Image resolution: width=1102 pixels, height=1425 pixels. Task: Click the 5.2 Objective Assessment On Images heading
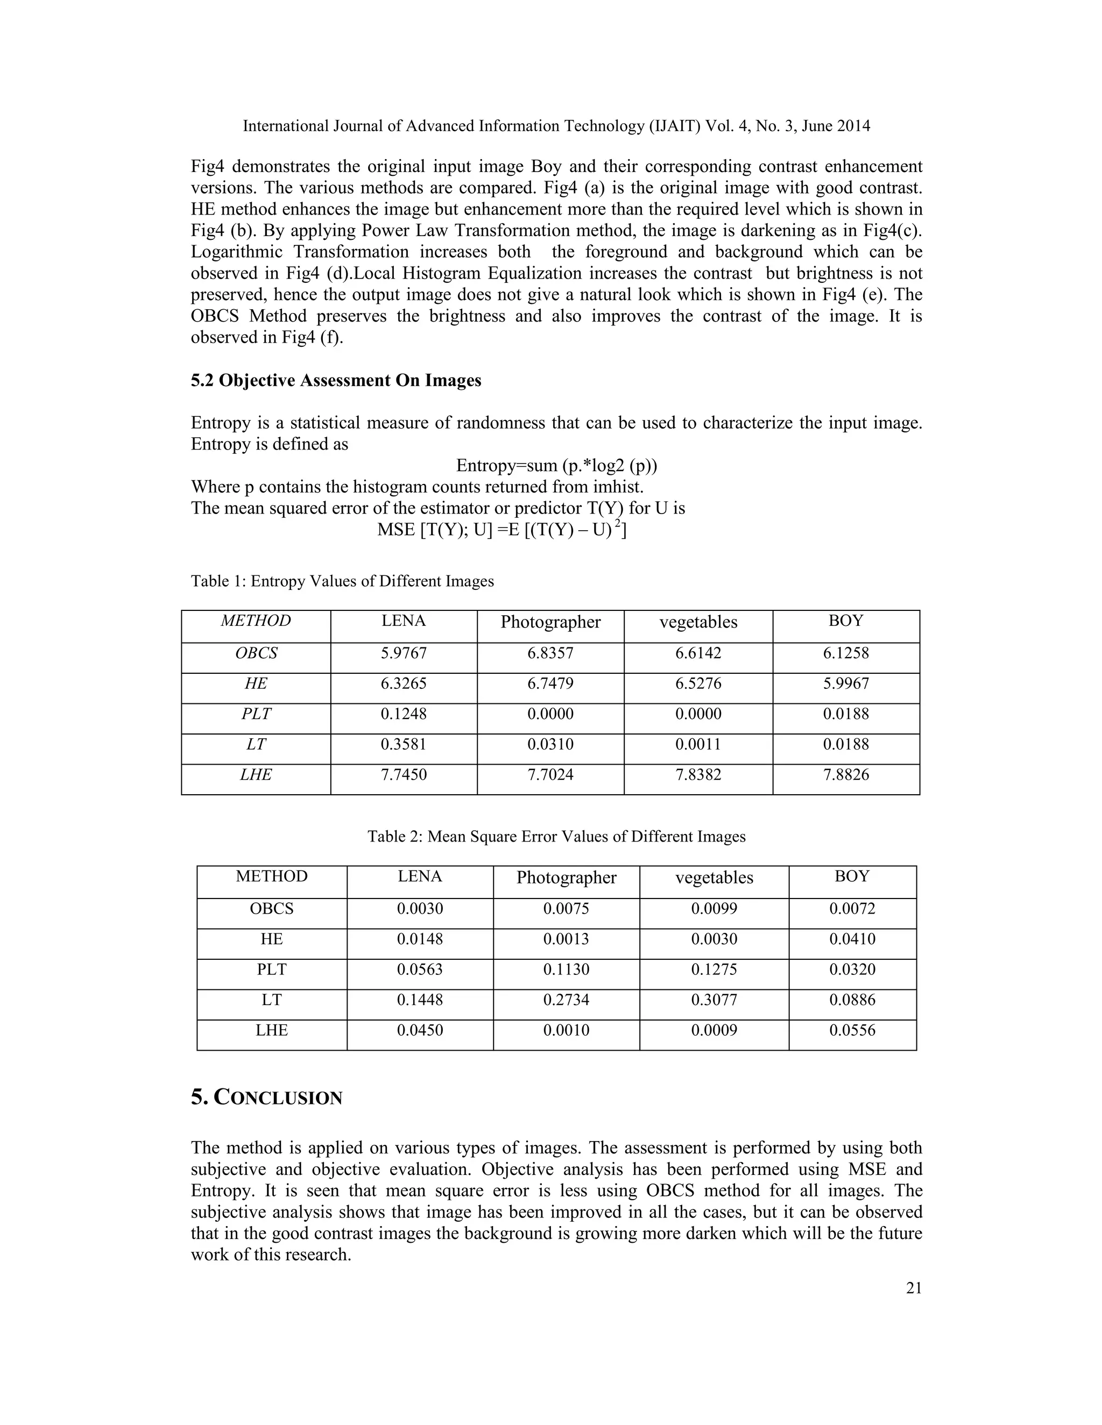coord(336,380)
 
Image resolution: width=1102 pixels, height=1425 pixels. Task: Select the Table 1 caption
coord(342,581)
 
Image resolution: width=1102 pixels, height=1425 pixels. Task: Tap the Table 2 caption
coord(556,837)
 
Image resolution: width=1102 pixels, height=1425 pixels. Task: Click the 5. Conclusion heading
coord(266,1098)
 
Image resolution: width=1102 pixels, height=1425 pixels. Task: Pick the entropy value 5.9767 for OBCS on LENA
coord(404,653)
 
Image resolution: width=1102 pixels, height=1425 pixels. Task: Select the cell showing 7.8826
coord(845,774)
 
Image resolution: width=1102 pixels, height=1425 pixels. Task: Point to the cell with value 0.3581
coord(404,744)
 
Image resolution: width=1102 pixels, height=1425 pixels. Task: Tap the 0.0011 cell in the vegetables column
coord(698,744)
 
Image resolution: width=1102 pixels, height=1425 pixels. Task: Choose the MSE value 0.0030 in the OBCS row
coord(420,909)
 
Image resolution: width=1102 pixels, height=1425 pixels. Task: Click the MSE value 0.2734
coord(566,1000)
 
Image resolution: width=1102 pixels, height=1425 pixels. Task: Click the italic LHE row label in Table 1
coord(256,774)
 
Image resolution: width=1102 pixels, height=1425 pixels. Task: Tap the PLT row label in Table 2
coord(272,970)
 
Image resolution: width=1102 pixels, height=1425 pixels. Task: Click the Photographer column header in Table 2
coord(566,878)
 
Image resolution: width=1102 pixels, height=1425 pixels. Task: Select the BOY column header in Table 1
coord(845,621)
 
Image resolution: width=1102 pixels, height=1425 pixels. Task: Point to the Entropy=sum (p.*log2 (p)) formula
coord(556,466)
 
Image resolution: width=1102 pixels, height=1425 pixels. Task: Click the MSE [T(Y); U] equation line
coord(501,530)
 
